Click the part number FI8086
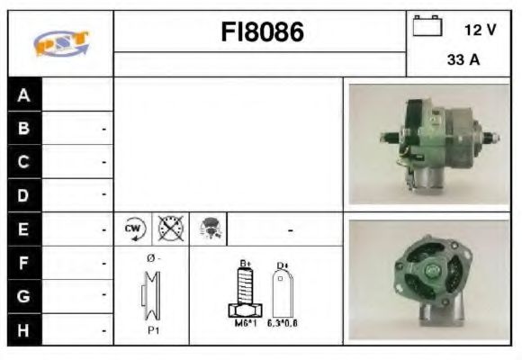pyautogui.click(x=262, y=32)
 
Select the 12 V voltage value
pyautogui.click(x=480, y=30)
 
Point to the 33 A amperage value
pyautogui.click(x=464, y=60)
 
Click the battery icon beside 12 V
pyautogui.click(x=427, y=28)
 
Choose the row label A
pyautogui.click(x=24, y=95)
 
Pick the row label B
pyautogui.click(x=24, y=129)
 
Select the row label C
pyautogui.click(x=24, y=162)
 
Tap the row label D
pyautogui.click(x=24, y=194)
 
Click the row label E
pyautogui.click(x=24, y=229)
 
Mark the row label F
pyautogui.click(x=24, y=263)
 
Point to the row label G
pyautogui.click(x=24, y=295)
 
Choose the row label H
pyautogui.click(x=24, y=329)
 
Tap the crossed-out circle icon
pyautogui.click(x=169, y=229)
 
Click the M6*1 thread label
pyautogui.click(x=243, y=322)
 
